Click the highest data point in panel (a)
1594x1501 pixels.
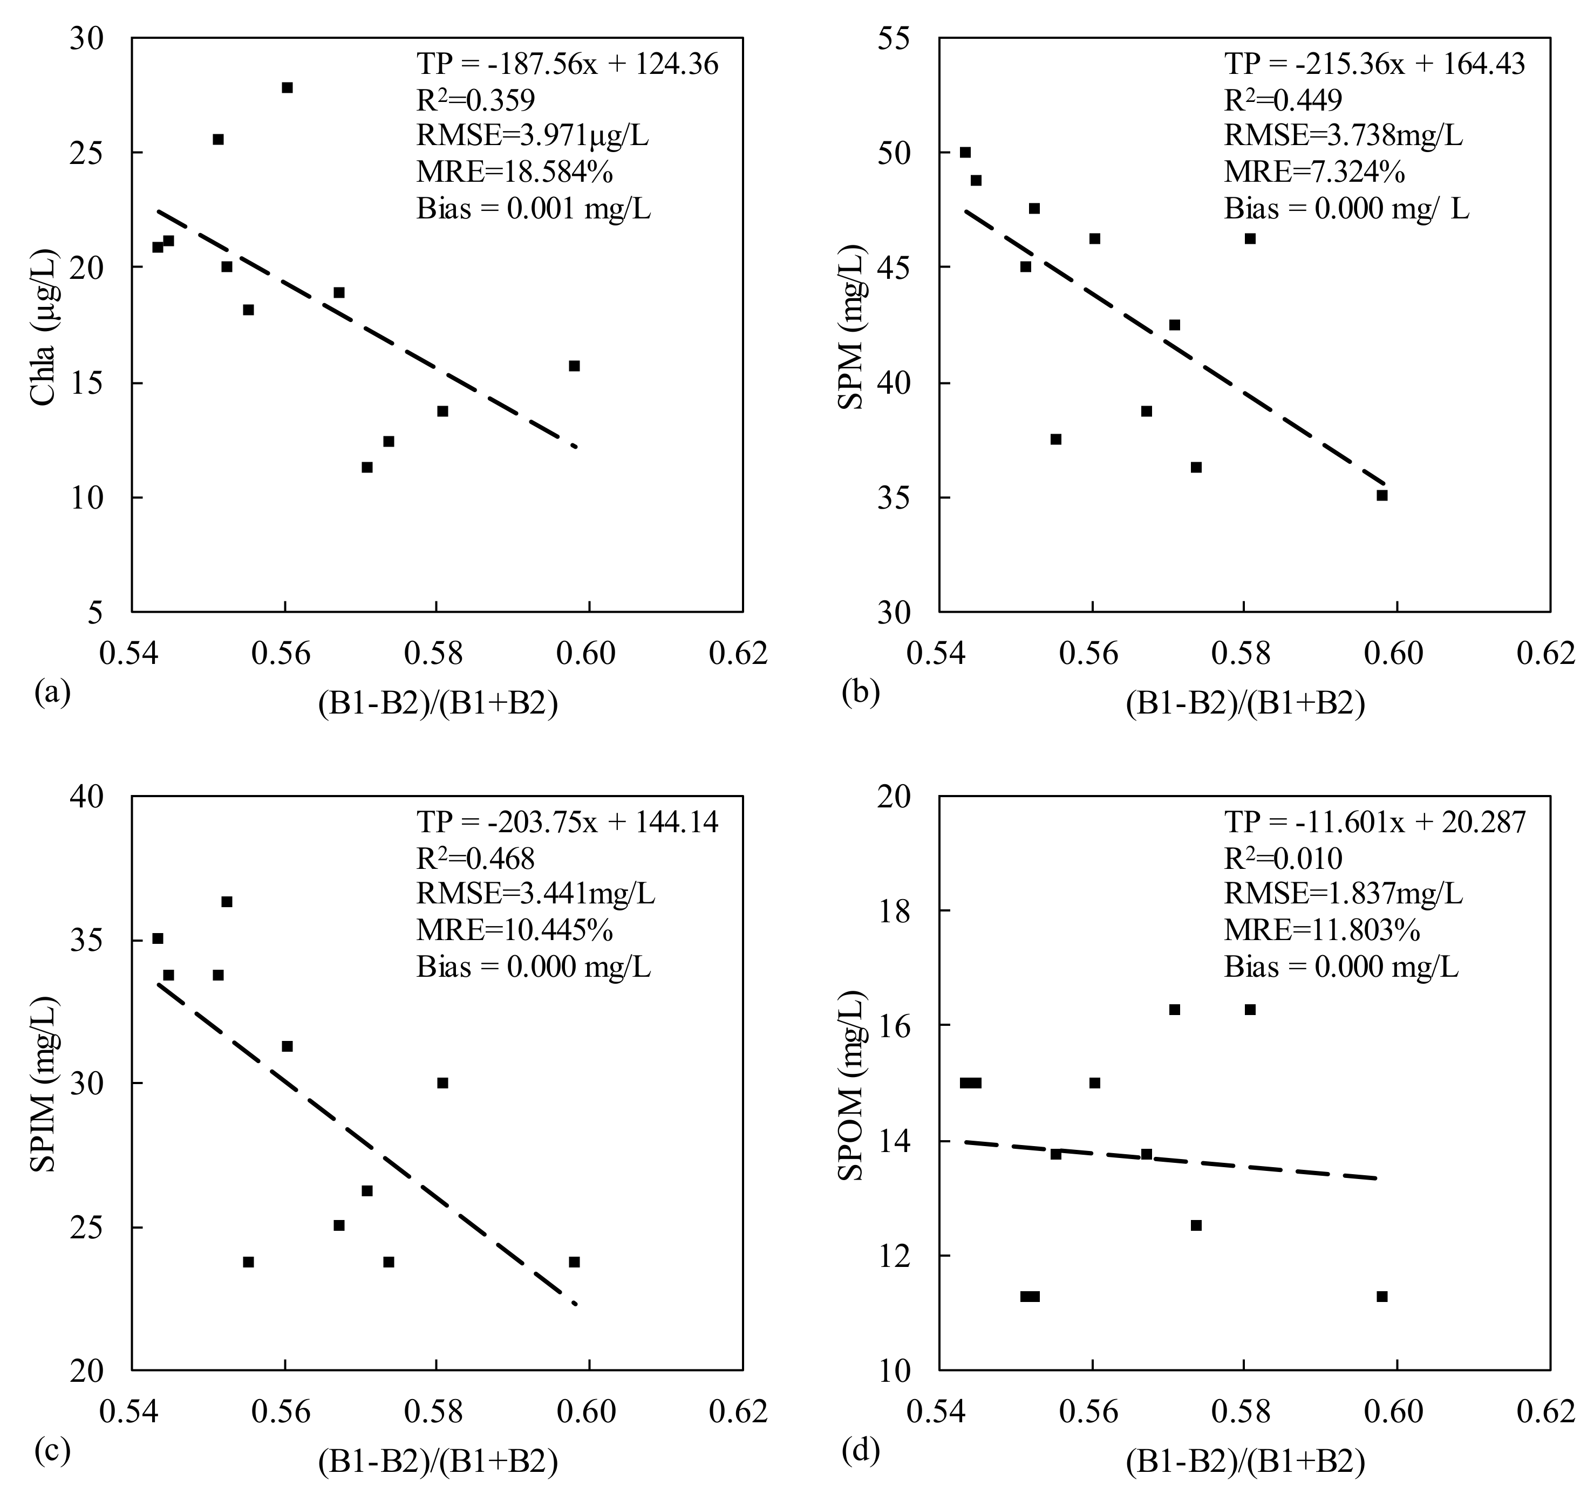[x=287, y=87]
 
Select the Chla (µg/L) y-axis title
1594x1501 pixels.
[x=44, y=325]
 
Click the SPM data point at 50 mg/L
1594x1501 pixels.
[x=965, y=152]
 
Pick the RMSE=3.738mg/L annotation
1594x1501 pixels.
[x=1343, y=135]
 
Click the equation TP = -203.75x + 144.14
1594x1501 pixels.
[x=567, y=821]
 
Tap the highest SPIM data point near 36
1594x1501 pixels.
[x=227, y=902]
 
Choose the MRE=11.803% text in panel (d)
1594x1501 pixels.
[x=1321, y=930]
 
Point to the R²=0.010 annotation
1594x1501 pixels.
[x=1283, y=858]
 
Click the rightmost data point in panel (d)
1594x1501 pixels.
[x=1381, y=1297]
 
